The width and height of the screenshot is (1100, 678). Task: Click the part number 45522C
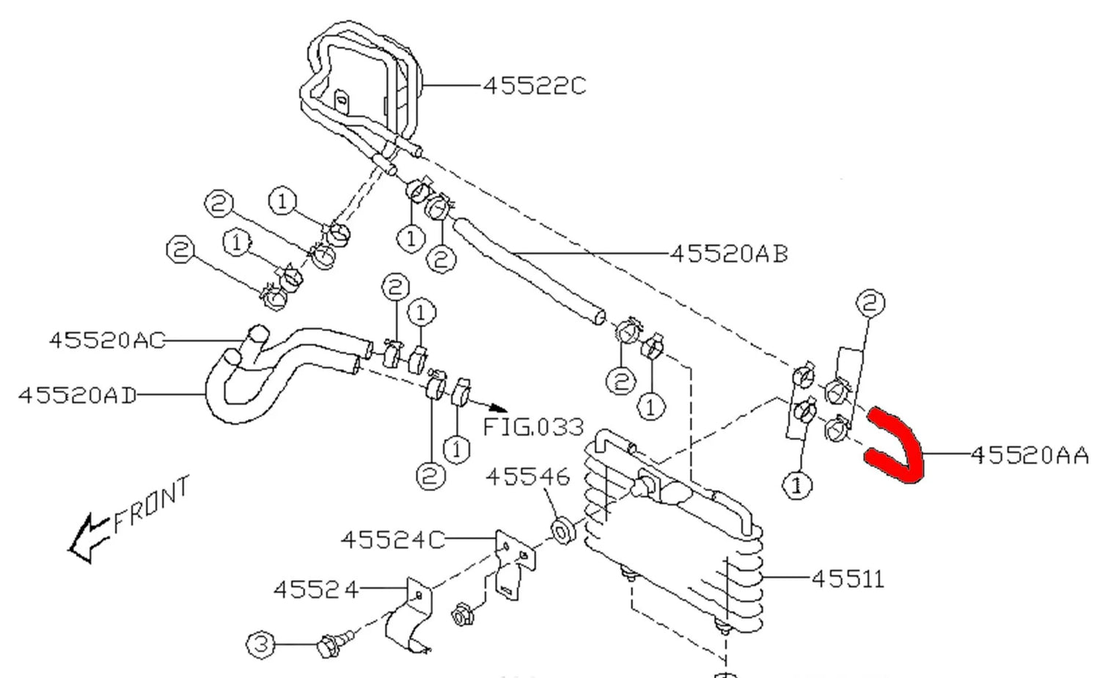[x=535, y=86]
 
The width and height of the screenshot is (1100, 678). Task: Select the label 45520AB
[x=729, y=254]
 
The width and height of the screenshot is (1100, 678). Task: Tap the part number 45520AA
[x=1030, y=456]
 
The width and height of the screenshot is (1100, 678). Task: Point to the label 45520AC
[x=106, y=340]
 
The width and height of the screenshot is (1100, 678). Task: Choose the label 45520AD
[x=77, y=395]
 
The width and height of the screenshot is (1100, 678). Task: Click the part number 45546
[x=527, y=477]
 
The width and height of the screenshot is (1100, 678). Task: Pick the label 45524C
[x=392, y=539]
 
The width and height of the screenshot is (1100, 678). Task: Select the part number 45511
[x=848, y=579]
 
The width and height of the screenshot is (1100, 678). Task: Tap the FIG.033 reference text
[x=534, y=426]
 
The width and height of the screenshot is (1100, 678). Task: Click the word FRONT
[x=153, y=505]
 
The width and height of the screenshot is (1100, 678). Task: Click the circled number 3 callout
[x=261, y=645]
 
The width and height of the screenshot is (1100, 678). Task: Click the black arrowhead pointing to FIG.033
[x=496, y=408]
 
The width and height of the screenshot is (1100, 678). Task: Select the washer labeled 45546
[x=562, y=531]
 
